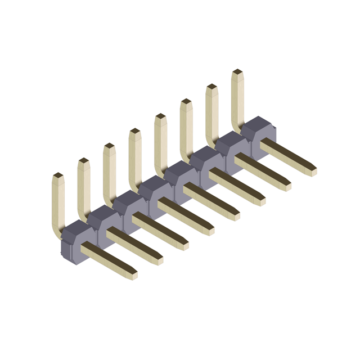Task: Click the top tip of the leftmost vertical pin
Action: pyautogui.click(x=58, y=176)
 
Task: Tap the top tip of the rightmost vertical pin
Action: pyautogui.click(x=237, y=73)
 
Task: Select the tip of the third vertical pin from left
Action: pyautogui.click(x=109, y=147)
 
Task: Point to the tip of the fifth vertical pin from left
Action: pyautogui.click(x=160, y=117)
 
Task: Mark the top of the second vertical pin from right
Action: pyautogui.click(x=211, y=87)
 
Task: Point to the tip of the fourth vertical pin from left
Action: pyautogui.click(x=135, y=132)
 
